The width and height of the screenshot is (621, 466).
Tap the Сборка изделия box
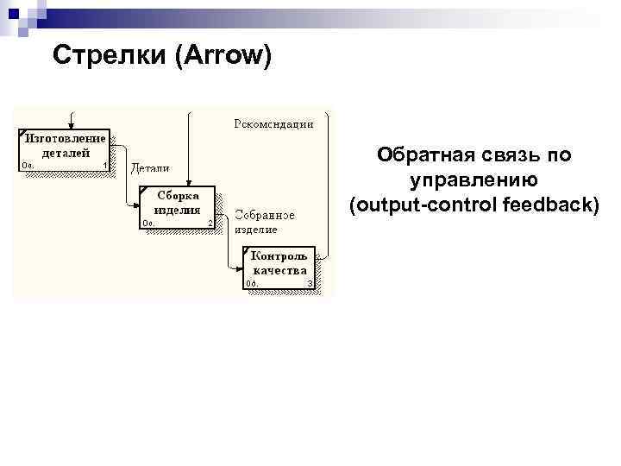[x=176, y=207]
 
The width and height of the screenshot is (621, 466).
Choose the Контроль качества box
[x=279, y=268]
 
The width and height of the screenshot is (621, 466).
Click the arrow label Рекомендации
[x=273, y=123]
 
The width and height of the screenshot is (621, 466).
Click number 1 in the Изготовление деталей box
[x=104, y=166]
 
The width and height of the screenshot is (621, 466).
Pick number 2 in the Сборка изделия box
[x=210, y=224]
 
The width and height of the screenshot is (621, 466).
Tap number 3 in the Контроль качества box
[x=309, y=283]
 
